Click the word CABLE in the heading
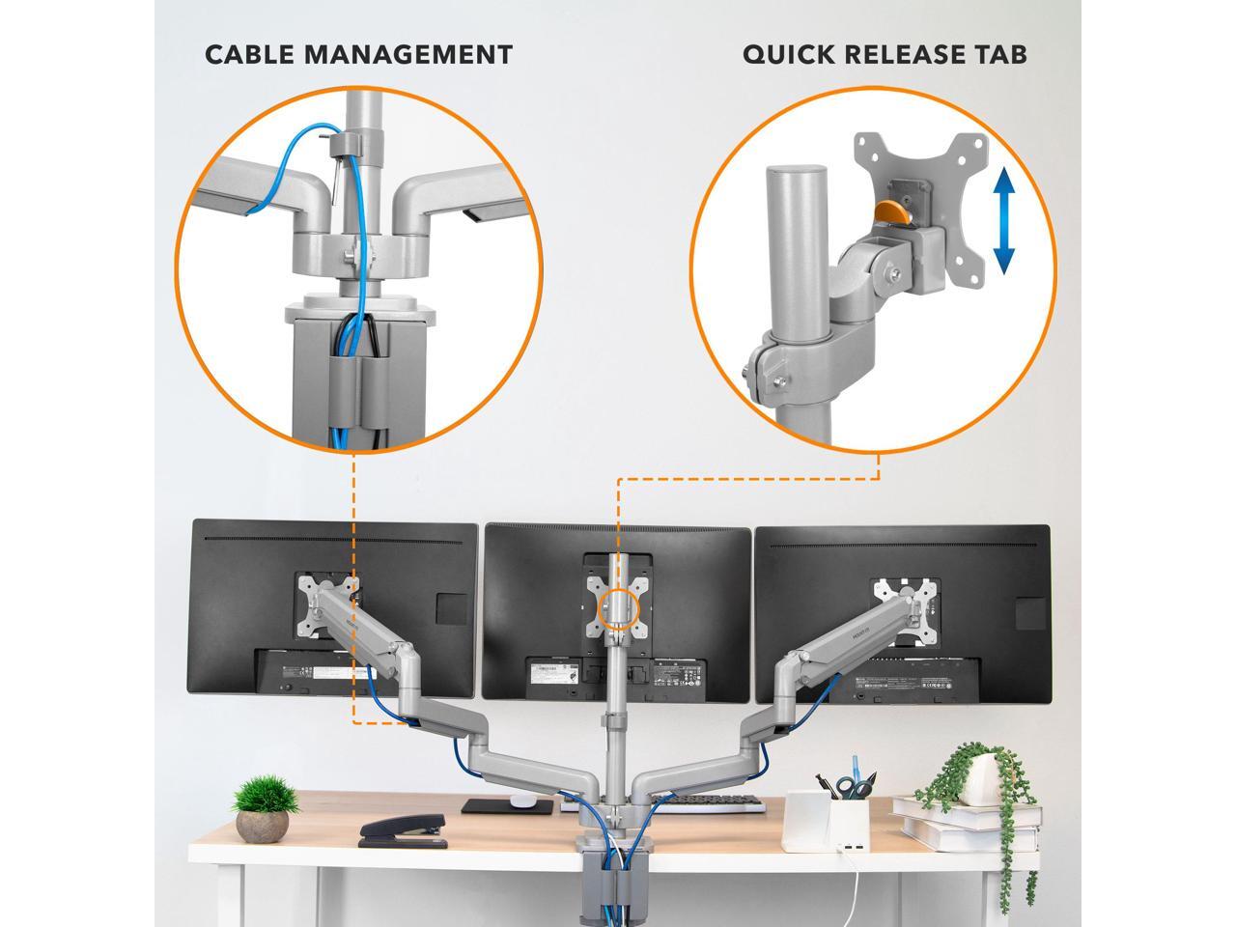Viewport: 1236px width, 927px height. coord(249,55)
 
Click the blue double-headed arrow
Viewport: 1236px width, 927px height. coord(1004,221)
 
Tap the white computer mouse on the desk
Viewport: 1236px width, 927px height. coord(523,801)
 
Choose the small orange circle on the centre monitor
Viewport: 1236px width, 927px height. coord(618,610)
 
